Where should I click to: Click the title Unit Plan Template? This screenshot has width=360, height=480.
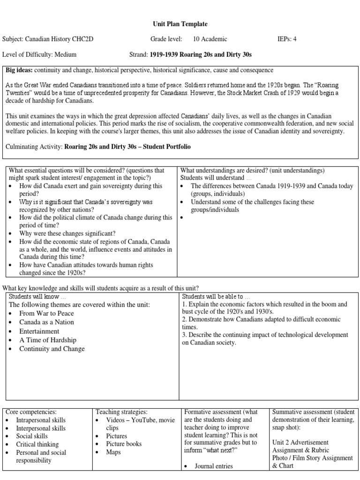tap(180, 24)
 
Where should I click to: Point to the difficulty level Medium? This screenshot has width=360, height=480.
tap(65, 54)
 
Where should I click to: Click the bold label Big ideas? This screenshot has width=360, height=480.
tap(19, 70)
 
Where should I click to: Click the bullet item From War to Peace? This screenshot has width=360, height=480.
tap(46, 313)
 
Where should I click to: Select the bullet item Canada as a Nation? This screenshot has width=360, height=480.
tap(46, 322)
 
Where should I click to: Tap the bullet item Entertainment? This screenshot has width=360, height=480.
tap(39, 331)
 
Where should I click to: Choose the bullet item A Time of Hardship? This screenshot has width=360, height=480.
tap(48, 340)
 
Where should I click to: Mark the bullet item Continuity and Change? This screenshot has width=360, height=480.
tap(52, 349)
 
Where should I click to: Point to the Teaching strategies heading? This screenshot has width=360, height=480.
tap(121, 412)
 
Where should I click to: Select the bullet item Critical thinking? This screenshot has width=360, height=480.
tap(37, 444)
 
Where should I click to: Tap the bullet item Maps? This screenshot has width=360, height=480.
tap(113, 452)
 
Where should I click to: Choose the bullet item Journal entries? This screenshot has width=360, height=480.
tap(214, 466)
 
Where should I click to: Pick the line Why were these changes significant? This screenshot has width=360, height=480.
tap(67, 233)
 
